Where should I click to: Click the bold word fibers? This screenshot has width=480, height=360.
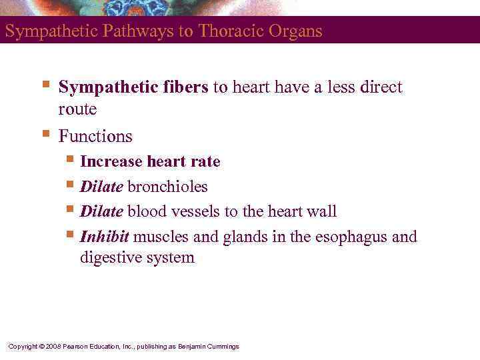point(186,88)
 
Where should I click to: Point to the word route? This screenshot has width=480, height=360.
point(77,109)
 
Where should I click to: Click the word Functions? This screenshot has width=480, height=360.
point(95,137)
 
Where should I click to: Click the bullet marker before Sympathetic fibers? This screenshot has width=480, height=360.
point(45,85)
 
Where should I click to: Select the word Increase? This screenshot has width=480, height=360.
point(111,162)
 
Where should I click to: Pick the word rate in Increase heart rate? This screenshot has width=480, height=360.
point(207,162)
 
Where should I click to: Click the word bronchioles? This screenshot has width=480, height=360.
point(167,187)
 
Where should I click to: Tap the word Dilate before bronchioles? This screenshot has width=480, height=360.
point(101,187)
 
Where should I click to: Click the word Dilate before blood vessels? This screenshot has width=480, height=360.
point(101,212)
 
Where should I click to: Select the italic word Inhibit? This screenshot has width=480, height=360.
point(104,237)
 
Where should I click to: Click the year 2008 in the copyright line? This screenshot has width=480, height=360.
point(54,347)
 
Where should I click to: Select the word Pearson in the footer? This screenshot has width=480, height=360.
point(77,347)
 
